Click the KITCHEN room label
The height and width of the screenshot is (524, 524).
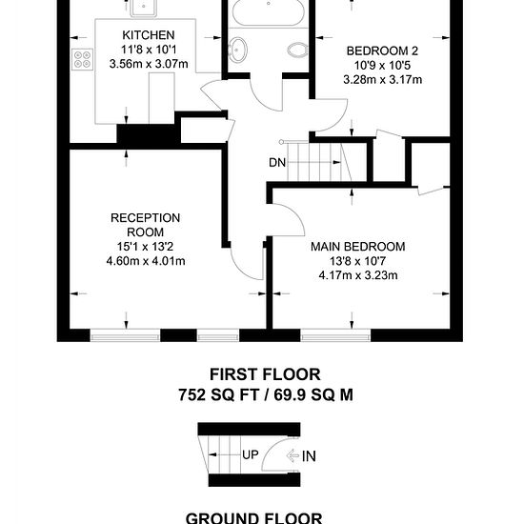(x=149, y=35)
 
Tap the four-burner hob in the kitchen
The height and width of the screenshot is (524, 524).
(x=82, y=59)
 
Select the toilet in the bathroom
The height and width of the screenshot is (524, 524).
(x=297, y=50)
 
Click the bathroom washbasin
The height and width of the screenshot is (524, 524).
(x=237, y=50)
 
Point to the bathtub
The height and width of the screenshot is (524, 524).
(x=269, y=11)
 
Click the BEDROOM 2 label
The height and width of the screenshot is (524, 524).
(x=382, y=51)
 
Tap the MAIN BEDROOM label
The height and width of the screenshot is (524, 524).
(x=358, y=247)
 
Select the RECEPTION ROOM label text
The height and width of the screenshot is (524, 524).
(x=146, y=225)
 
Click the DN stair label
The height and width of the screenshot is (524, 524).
(x=277, y=163)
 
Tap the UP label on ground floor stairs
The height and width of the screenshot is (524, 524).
(x=251, y=454)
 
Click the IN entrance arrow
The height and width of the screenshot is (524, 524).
(x=292, y=455)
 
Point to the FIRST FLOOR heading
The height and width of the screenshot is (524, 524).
(x=265, y=374)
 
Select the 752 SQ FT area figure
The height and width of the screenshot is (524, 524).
(x=218, y=395)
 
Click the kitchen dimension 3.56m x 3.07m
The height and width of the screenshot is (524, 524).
(x=149, y=64)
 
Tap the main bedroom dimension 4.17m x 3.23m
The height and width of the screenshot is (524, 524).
(x=358, y=275)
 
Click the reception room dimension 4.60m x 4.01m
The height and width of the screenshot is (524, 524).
(x=146, y=261)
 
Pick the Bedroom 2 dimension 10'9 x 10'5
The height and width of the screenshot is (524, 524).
(x=382, y=66)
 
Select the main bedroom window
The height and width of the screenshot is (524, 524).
(x=335, y=336)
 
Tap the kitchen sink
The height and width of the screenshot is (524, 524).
(x=143, y=8)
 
